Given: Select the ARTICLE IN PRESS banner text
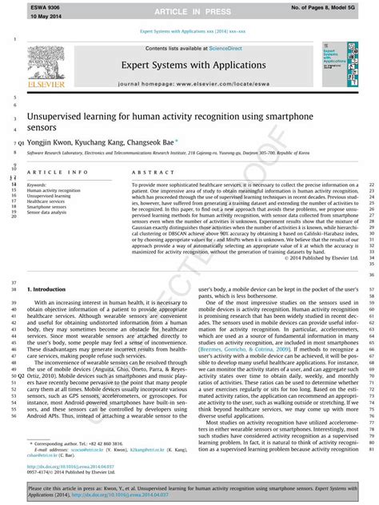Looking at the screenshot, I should point(189,11).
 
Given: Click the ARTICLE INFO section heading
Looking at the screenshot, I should point(58,172).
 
